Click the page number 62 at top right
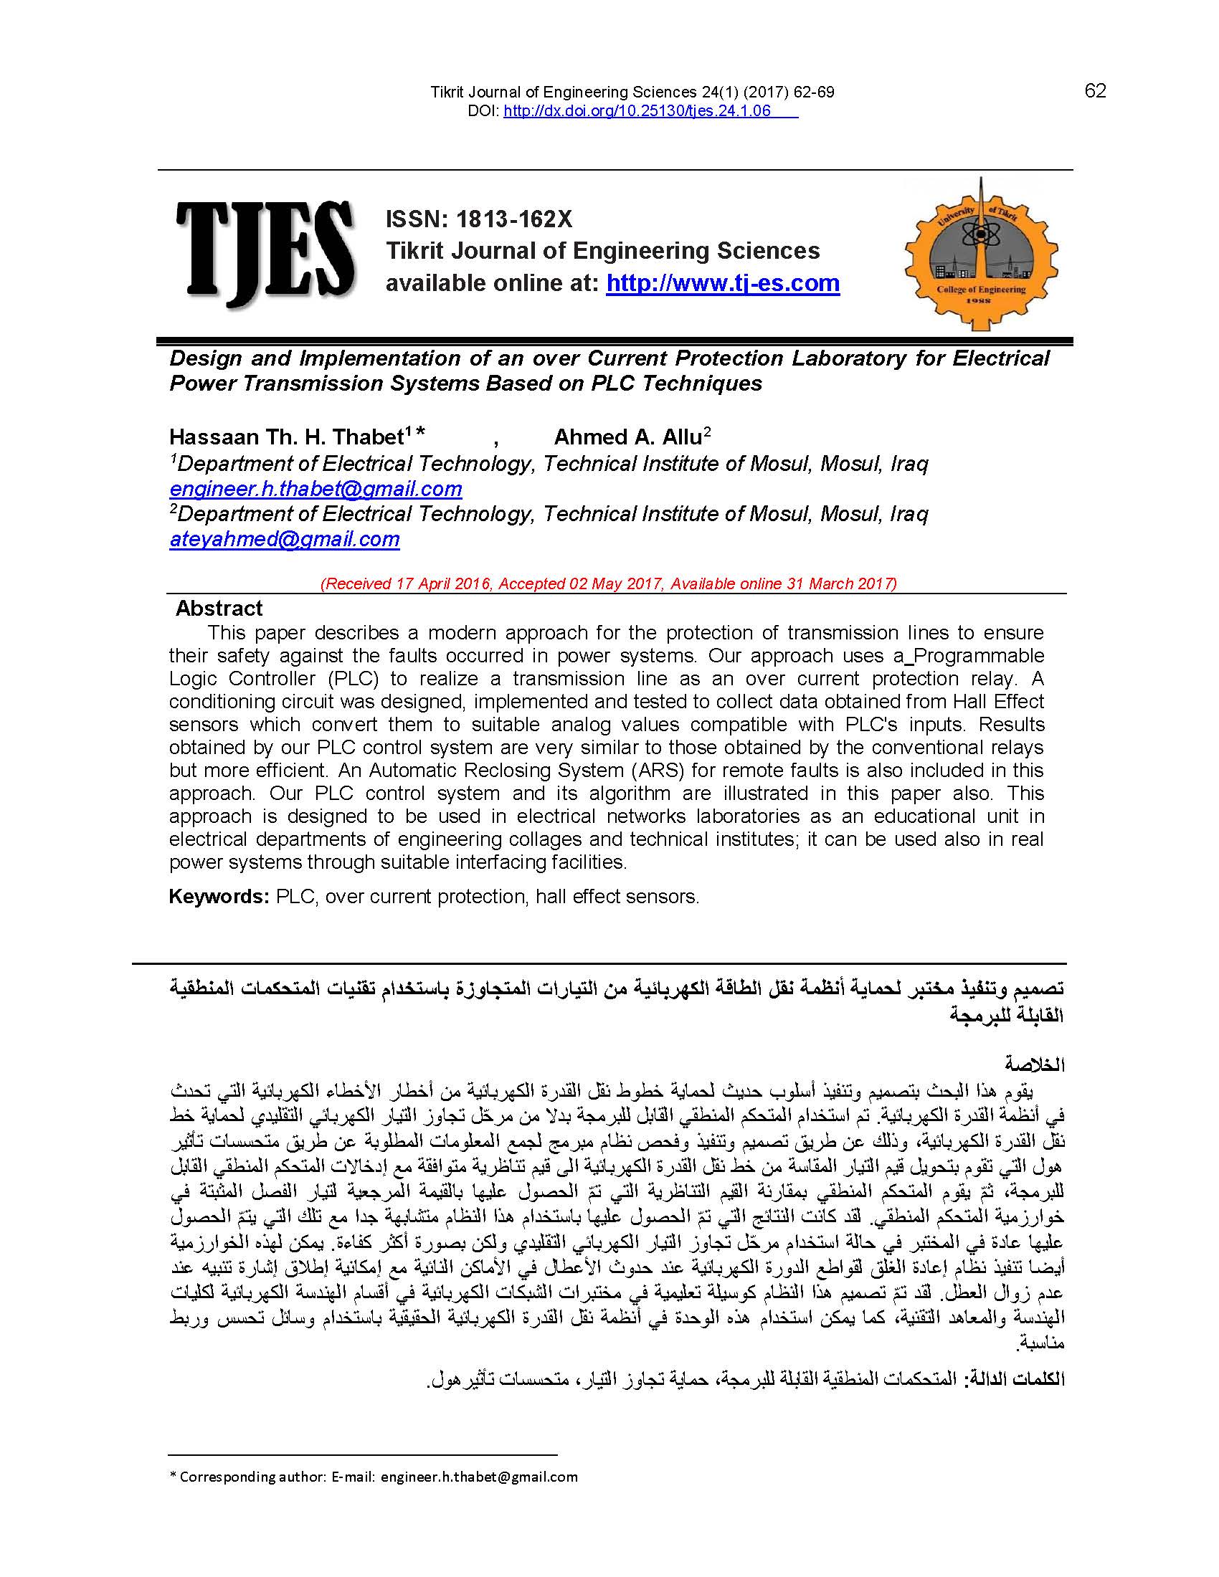[1095, 91]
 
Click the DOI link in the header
[637, 111]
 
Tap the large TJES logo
[266, 249]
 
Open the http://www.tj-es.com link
[723, 283]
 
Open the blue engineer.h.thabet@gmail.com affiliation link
[316, 489]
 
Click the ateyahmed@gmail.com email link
[285, 539]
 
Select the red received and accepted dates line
[609, 583]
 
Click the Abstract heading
[219, 608]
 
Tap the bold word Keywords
[218, 897]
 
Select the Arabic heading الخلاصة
[1035, 1065]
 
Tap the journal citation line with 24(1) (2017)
[632, 92]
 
